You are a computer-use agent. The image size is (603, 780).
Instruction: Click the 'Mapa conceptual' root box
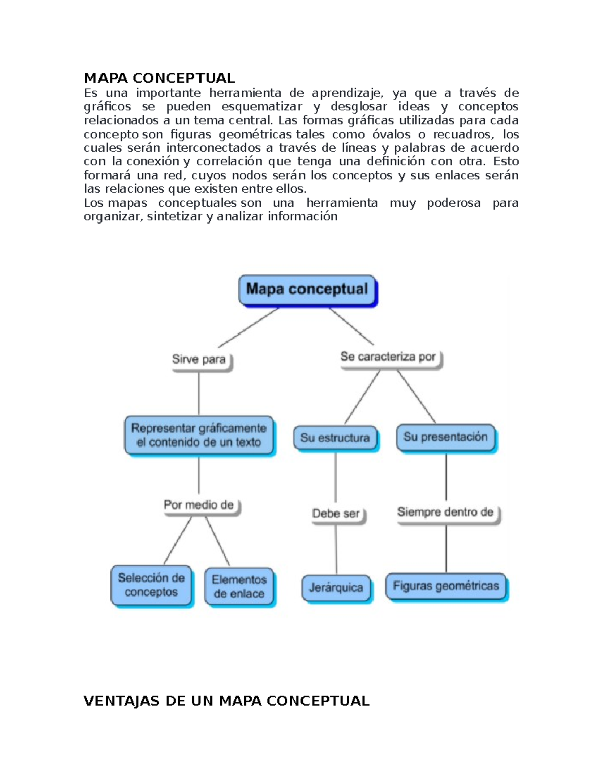[x=307, y=290]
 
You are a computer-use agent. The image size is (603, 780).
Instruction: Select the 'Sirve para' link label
[x=199, y=359]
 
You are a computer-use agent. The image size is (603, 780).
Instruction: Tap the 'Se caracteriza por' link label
[x=388, y=357]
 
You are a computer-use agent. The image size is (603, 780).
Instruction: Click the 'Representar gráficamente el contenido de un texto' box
[x=199, y=435]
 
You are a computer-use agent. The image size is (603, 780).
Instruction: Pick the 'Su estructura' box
[x=335, y=438]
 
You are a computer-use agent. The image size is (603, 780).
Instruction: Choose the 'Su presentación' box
[x=446, y=437]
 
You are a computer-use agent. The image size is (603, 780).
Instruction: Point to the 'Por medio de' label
[x=199, y=505]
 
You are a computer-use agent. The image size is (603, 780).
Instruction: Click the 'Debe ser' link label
[x=336, y=513]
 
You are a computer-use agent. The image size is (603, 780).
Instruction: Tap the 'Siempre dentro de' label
[x=446, y=512]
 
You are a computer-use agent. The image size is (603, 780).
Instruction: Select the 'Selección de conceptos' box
[x=151, y=585]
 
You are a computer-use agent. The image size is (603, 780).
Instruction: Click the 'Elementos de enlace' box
[x=239, y=586]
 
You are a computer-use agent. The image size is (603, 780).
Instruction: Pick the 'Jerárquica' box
[x=336, y=587]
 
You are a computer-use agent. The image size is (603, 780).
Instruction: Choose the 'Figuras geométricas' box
[x=446, y=586]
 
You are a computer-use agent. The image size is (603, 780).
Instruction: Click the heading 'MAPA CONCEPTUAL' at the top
[x=159, y=78]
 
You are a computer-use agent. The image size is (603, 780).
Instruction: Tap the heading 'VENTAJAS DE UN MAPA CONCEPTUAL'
[x=227, y=701]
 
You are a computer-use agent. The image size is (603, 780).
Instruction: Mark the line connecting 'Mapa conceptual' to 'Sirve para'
[x=249, y=327]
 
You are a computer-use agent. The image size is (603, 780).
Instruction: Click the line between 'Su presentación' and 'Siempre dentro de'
[x=446, y=477]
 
